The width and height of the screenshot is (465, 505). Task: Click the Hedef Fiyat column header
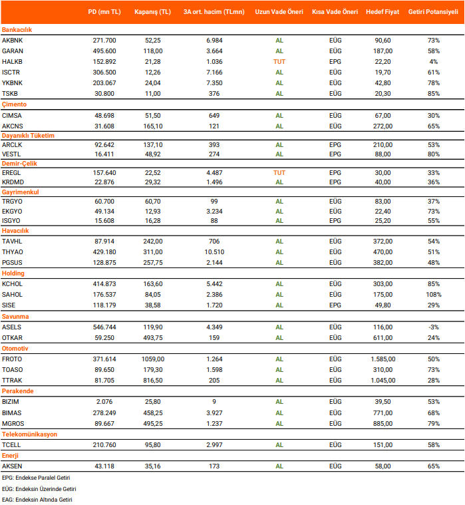coord(383,12)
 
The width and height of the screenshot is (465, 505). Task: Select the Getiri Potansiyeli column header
coord(433,12)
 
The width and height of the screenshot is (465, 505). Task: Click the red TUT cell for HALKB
coord(279,62)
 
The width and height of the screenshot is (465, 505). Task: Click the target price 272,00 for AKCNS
coord(383,125)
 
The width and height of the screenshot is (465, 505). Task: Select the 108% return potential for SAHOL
coord(434,294)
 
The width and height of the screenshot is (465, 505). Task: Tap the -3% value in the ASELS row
coord(434,326)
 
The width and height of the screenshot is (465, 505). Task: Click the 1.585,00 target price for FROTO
coord(383,358)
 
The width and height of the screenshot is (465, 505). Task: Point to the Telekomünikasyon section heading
coord(29,434)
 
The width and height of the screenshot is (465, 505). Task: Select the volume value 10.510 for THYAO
coord(214,252)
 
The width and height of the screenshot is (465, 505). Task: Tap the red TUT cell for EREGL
coord(279,172)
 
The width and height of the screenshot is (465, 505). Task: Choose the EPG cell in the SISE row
coord(335,305)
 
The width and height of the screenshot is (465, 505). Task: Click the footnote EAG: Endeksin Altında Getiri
coord(37,499)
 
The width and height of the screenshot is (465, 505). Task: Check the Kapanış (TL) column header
coord(153,12)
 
